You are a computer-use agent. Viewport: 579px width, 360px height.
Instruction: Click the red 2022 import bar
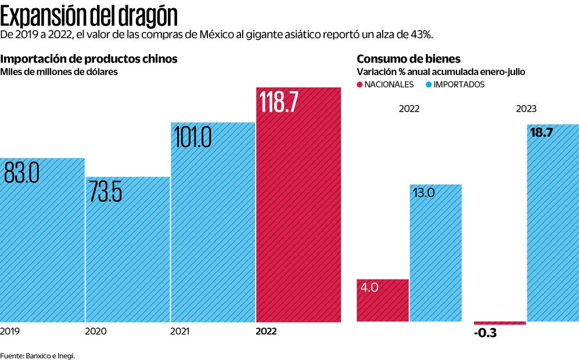(298, 221)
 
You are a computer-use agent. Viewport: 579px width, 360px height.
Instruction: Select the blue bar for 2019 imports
(42, 250)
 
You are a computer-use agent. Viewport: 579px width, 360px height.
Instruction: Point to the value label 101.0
(191, 139)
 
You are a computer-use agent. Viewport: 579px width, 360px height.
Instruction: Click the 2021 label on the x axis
(179, 332)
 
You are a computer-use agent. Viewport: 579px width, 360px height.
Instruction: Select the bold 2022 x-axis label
(267, 332)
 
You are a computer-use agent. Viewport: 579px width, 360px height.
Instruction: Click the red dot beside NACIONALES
(360, 85)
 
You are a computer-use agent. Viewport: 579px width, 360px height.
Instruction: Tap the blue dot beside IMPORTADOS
(429, 85)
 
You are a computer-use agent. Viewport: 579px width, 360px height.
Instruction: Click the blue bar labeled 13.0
(436, 255)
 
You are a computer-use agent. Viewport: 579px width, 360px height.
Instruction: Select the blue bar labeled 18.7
(552, 226)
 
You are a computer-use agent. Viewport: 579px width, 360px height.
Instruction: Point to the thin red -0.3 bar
(500, 323)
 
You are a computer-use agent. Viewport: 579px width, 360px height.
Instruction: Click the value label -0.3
(485, 334)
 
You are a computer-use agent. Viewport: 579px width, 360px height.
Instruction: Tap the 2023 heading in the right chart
(526, 109)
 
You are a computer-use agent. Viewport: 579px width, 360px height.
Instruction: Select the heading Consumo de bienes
(408, 59)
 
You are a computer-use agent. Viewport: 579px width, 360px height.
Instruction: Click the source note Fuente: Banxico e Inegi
(38, 355)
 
